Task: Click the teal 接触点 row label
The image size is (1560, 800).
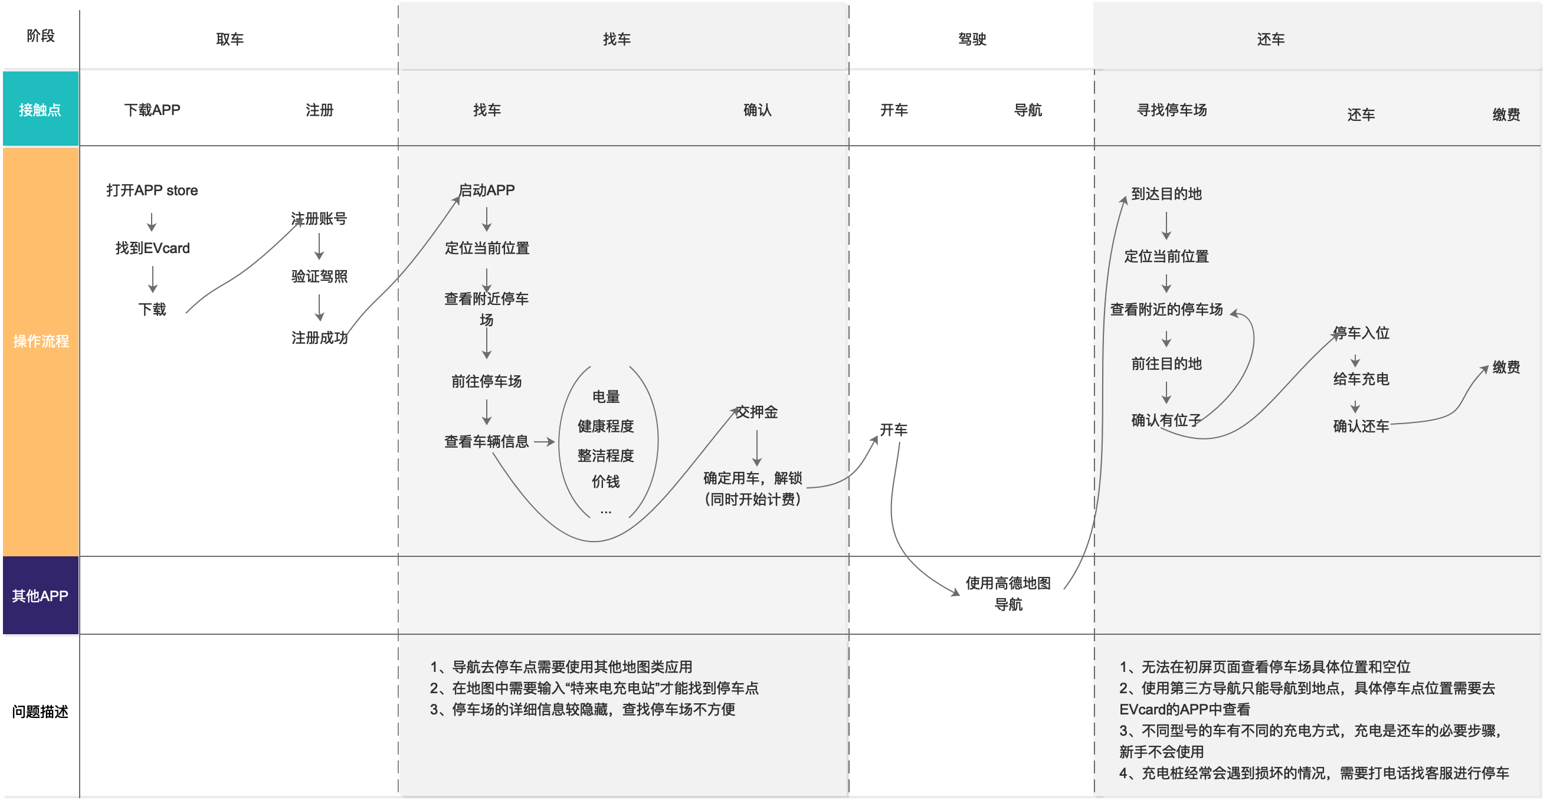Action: pyautogui.click(x=40, y=110)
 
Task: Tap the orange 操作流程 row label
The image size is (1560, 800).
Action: pyautogui.click(x=41, y=341)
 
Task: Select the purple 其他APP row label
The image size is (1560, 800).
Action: pyautogui.click(x=40, y=596)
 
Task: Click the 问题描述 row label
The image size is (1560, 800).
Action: pyautogui.click(x=40, y=712)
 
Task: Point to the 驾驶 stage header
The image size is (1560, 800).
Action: pyautogui.click(x=972, y=40)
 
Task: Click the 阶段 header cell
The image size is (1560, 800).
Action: pyautogui.click(x=41, y=36)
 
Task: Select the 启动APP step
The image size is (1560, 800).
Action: pyautogui.click(x=486, y=190)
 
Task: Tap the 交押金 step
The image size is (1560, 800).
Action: pyautogui.click(x=756, y=412)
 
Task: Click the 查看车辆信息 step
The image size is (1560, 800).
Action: pyautogui.click(x=486, y=441)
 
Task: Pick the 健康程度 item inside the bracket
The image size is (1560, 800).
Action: pyautogui.click(x=605, y=426)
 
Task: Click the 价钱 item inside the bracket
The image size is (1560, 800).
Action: pyautogui.click(x=605, y=481)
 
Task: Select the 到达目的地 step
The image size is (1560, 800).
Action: pyautogui.click(x=1166, y=194)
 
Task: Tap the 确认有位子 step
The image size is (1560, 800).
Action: pyautogui.click(x=1166, y=420)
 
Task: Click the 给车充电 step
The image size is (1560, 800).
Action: pyautogui.click(x=1361, y=379)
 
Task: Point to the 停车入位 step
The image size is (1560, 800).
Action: pyautogui.click(x=1361, y=333)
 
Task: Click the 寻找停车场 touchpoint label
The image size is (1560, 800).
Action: pyautogui.click(x=1172, y=110)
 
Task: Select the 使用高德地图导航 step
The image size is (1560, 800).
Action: pyautogui.click(x=1008, y=594)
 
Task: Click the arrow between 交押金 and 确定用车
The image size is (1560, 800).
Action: pyautogui.click(x=757, y=448)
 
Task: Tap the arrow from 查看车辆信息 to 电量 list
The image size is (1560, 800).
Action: pyautogui.click(x=544, y=441)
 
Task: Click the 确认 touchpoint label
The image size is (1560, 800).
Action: pyautogui.click(x=757, y=110)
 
